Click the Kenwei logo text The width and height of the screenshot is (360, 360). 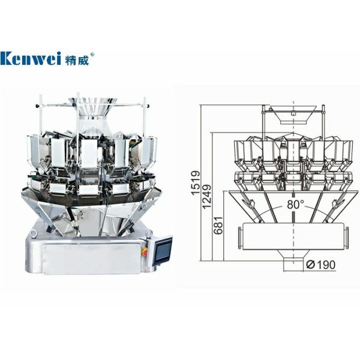pyautogui.click(x=31, y=58)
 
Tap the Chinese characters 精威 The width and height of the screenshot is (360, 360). pyautogui.click(x=77, y=59)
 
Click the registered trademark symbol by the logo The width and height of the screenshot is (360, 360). pyautogui.click(x=92, y=55)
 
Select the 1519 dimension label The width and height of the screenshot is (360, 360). pyautogui.click(x=196, y=183)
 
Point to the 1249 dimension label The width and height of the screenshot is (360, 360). pyautogui.click(x=206, y=197)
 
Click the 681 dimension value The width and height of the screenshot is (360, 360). pyautogui.click(x=218, y=225)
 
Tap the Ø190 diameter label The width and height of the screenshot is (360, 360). pyautogui.click(x=321, y=265)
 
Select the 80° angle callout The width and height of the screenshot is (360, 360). pyautogui.click(x=295, y=204)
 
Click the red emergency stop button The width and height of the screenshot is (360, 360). pyautogui.click(x=145, y=251)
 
